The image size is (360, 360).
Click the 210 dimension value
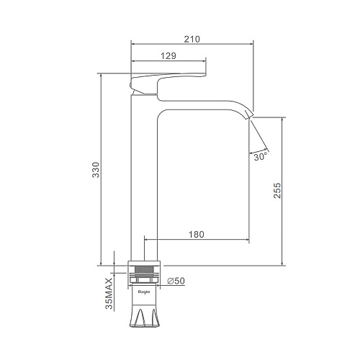(192, 39)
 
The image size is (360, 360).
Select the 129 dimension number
(168, 56)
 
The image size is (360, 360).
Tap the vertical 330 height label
(96, 170)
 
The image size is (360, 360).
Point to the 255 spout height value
(277, 190)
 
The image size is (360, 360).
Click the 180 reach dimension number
(197, 234)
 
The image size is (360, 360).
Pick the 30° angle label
(260, 157)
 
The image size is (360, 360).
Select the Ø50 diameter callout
(176, 281)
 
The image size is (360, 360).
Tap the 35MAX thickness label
(109, 294)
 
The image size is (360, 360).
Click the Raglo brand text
(144, 292)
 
